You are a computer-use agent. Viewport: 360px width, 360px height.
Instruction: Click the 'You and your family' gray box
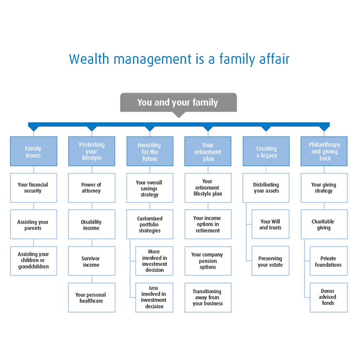[178, 102]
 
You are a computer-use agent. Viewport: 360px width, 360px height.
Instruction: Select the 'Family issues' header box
[33, 151]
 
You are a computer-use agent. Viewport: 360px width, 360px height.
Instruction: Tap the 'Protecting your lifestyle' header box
[91, 151]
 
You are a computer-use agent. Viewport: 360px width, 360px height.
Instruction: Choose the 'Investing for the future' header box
[150, 151]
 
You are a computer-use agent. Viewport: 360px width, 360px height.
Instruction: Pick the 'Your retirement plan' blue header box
[208, 151]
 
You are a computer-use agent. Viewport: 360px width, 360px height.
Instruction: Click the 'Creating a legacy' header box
[266, 151]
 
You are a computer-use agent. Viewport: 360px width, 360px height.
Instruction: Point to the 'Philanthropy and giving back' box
[325, 151]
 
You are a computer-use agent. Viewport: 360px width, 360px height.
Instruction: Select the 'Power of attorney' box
[91, 188]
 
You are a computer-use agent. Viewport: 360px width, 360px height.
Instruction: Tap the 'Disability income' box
[91, 224]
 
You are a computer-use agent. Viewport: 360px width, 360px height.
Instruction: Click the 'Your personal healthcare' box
[91, 298]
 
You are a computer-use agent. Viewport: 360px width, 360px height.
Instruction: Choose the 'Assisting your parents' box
[33, 224]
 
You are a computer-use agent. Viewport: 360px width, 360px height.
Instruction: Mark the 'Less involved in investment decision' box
[154, 298]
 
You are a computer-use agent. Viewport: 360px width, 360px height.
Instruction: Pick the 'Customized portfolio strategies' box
[150, 224]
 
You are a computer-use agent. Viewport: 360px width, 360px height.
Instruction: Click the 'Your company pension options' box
[208, 261]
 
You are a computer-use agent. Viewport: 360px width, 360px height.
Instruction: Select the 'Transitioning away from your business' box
[208, 298]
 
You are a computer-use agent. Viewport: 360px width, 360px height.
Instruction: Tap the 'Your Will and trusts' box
[270, 224]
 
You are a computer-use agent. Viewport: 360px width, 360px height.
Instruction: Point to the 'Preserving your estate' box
[270, 261]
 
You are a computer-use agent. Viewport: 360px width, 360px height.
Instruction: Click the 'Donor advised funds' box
[329, 298]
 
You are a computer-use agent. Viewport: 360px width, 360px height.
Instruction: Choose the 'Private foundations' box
[329, 261]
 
